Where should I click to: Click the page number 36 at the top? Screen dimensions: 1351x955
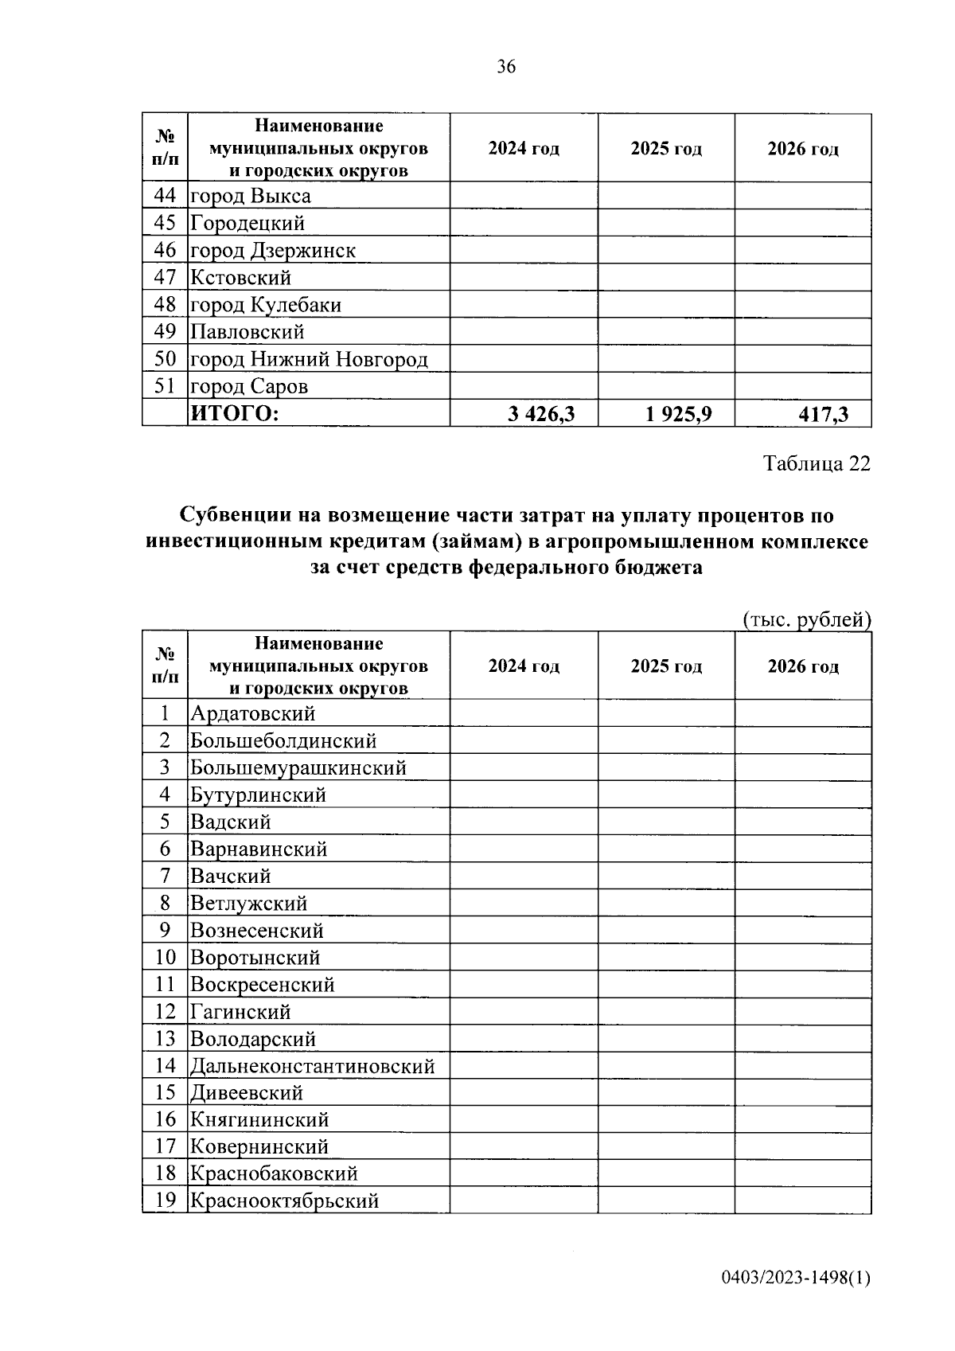(506, 67)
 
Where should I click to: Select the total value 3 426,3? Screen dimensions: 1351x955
(541, 414)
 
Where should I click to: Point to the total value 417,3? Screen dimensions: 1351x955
(823, 414)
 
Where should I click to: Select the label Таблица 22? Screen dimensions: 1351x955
(817, 463)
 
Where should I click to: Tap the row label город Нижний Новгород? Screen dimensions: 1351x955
(309, 360)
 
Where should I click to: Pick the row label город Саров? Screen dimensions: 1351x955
(249, 387)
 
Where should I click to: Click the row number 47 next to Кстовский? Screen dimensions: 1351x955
(165, 278)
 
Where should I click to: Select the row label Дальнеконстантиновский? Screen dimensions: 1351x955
(312, 1066)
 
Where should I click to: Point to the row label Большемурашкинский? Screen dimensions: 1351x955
(298, 768)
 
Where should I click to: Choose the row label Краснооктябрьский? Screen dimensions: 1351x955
(284, 1201)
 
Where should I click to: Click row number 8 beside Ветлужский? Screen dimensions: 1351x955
(165, 903)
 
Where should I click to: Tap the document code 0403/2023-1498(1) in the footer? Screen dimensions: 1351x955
(796, 1279)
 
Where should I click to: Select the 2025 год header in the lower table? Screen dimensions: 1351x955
(666, 666)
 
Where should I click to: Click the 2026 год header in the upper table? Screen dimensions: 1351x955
(802, 149)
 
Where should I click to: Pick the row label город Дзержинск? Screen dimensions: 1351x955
(272, 251)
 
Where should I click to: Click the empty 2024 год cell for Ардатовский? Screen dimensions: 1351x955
(524, 713)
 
